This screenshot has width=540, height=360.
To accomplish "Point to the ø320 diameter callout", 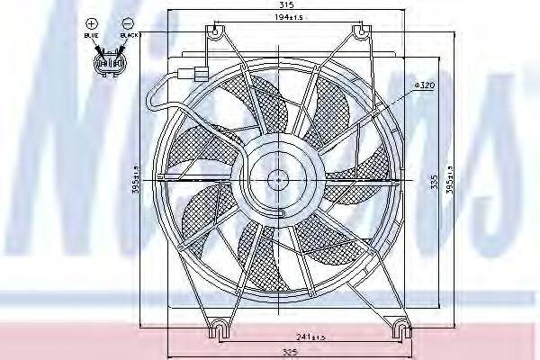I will (425, 85).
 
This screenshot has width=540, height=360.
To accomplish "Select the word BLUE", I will (90, 36).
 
